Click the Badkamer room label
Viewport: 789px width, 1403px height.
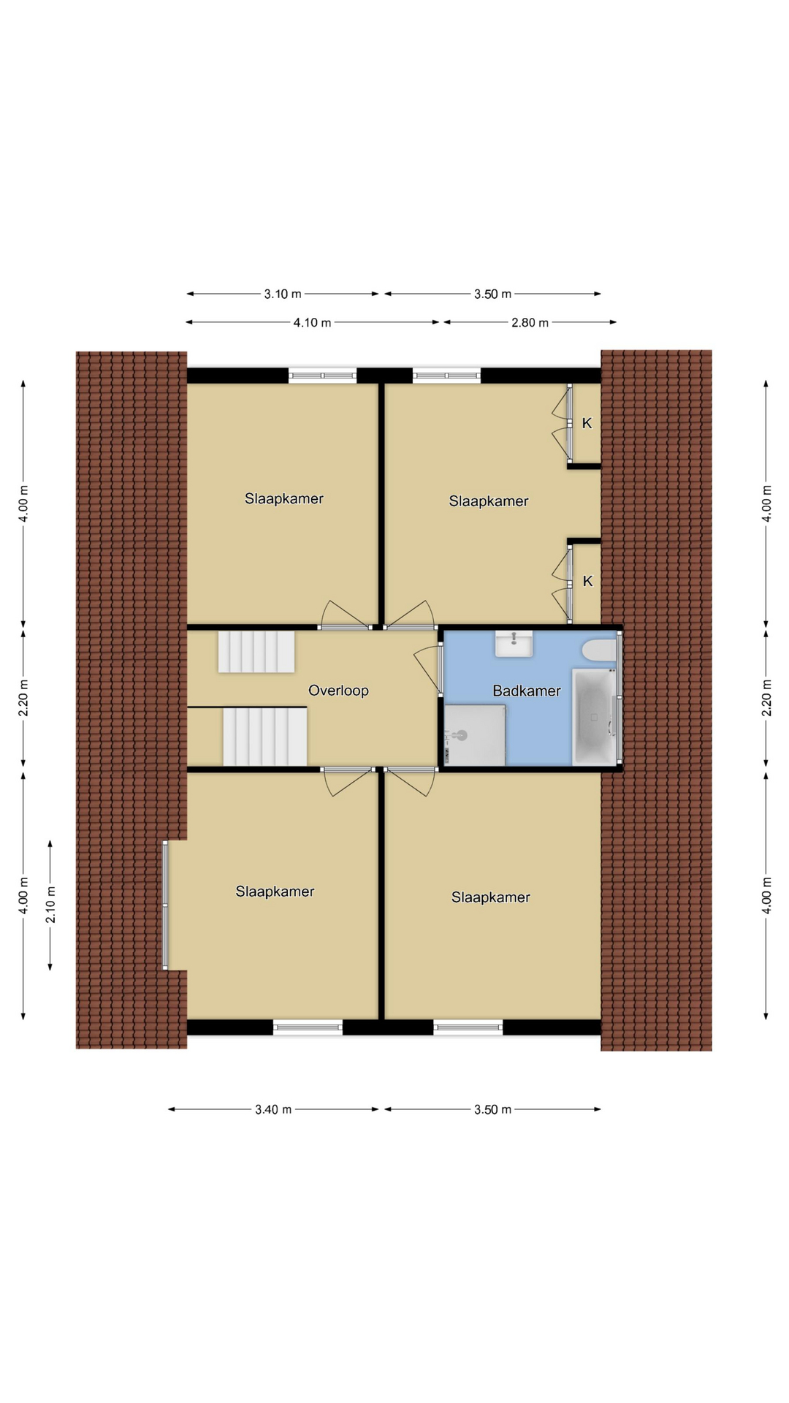pyautogui.click(x=526, y=691)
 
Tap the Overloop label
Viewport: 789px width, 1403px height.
pyautogui.click(x=338, y=691)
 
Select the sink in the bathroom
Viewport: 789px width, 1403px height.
pyautogui.click(x=514, y=644)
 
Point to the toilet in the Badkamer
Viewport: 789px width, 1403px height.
pyautogui.click(x=600, y=650)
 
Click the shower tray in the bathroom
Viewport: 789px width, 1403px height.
pyautogui.click(x=475, y=735)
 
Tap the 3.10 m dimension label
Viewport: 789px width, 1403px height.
pyautogui.click(x=283, y=294)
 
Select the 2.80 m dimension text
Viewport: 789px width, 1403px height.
pyautogui.click(x=530, y=322)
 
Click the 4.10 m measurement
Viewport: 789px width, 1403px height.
pyautogui.click(x=312, y=322)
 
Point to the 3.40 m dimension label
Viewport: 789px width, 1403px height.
pyautogui.click(x=273, y=1109)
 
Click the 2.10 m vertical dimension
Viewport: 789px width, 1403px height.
pyautogui.click(x=50, y=905)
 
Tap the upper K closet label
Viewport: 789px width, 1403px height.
pyautogui.click(x=587, y=423)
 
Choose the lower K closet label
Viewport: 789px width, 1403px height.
pyautogui.click(x=587, y=581)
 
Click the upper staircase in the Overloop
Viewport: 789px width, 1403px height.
pyautogui.click(x=256, y=652)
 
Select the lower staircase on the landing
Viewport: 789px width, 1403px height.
pyautogui.click(x=265, y=737)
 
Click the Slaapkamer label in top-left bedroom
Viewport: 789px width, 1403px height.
pyautogui.click(x=283, y=498)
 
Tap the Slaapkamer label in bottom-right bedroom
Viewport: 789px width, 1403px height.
pyautogui.click(x=490, y=897)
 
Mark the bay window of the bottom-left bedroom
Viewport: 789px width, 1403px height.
pyautogui.click(x=165, y=905)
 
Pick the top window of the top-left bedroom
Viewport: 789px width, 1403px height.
pyautogui.click(x=322, y=376)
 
